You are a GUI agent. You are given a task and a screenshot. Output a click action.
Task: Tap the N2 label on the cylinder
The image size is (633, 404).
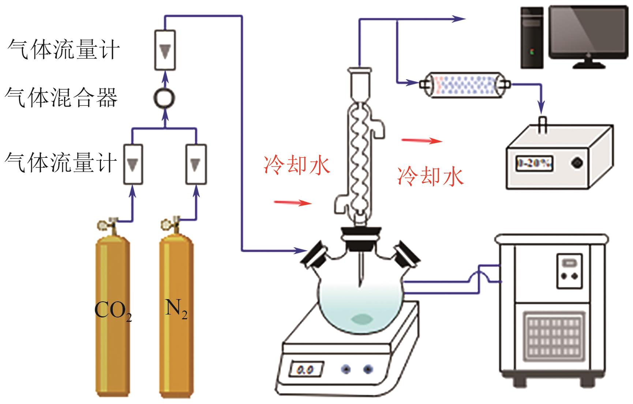pos(176,309)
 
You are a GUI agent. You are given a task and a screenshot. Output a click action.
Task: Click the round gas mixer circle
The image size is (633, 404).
pos(164,98)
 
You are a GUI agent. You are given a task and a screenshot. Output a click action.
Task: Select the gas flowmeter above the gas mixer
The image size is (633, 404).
pos(165,50)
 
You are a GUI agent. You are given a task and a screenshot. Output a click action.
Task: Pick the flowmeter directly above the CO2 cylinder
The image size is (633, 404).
pos(132,164)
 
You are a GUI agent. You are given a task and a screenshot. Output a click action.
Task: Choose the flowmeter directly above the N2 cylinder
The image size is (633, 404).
pos(196,164)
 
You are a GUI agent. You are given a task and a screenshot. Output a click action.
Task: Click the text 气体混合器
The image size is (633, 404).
pos(61,98)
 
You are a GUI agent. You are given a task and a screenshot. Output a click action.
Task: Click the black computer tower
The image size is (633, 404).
pos(532,38)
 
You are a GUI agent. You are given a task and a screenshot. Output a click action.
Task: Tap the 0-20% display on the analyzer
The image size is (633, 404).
pos(534,163)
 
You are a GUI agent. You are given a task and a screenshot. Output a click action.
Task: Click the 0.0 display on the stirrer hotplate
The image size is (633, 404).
pos(306,370)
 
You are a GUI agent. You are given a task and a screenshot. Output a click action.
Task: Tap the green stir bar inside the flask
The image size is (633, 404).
pos(362,319)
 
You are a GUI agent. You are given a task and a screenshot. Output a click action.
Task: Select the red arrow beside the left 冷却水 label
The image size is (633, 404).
pos(293,202)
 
